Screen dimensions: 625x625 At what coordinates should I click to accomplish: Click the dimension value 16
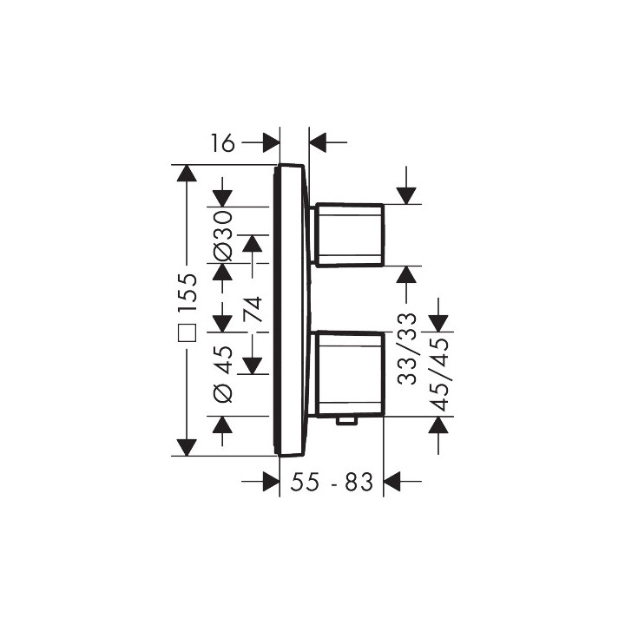coord(223,143)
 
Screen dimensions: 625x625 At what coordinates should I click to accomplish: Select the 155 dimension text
coord(187,293)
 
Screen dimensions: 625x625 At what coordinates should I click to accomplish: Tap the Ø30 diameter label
coord(222,236)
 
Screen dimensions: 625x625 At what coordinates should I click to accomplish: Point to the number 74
coord(253,309)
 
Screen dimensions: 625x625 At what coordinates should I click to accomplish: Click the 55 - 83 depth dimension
coord(332,482)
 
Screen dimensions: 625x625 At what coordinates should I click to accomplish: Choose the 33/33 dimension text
coord(407,349)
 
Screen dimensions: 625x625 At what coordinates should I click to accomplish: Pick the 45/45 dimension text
coord(439,375)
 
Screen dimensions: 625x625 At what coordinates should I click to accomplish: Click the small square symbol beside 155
coord(187,332)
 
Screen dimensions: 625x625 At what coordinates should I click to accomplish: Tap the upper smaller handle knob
coord(350,234)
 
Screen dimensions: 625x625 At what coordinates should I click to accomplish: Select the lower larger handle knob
coord(350,373)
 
